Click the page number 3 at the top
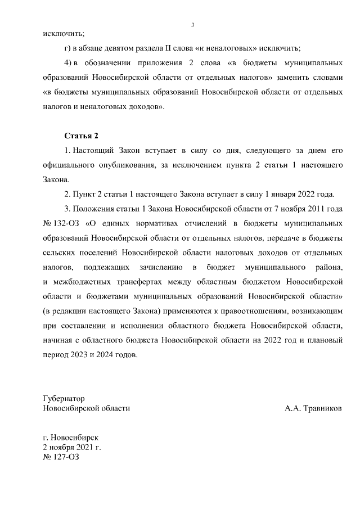[x=192, y=25]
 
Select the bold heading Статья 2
[x=82, y=136]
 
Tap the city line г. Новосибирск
[x=71, y=436]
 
